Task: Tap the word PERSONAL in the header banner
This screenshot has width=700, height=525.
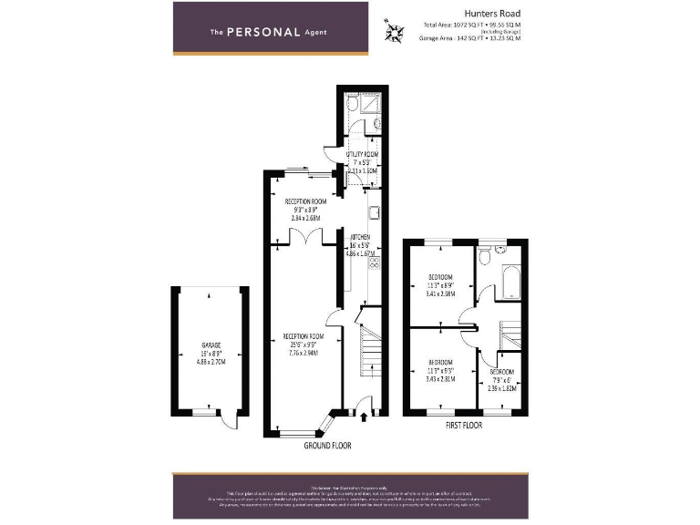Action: tap(263, 32)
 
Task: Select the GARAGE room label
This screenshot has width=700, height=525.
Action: tap(211, 345)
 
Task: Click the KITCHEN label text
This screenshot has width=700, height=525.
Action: tap(360, 237)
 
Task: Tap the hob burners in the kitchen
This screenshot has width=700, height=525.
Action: tap(374, 266)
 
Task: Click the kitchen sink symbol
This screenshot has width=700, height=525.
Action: tap(374, 216)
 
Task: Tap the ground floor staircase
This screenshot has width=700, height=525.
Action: tap(368, 351)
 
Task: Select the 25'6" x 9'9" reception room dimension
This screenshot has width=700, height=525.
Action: tap(304, 345)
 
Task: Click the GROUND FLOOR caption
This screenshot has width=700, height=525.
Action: tap(326, 447)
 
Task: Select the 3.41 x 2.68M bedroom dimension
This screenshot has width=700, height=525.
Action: tap(441, 294)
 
